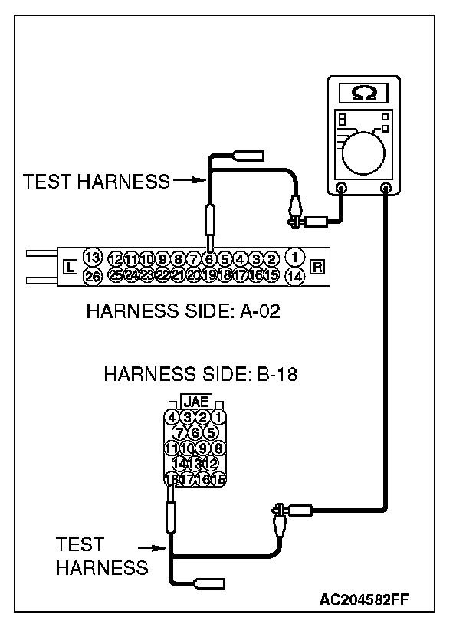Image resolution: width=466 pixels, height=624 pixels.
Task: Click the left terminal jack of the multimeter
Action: [341, 187]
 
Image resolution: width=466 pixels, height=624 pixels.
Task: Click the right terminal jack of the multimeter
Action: [386, 187]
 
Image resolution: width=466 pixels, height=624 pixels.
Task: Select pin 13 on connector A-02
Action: [92, 257]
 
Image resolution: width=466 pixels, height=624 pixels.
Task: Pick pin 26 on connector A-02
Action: [92, 276]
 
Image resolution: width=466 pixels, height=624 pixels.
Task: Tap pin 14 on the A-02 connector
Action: [294, 276]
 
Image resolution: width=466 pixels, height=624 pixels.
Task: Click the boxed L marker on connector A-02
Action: [69, 268]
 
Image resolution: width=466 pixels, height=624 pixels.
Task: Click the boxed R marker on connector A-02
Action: [317, 268]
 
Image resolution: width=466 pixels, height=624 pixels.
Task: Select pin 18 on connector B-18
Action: [172, 479]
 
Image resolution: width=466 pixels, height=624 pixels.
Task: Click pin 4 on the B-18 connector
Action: [172, 418]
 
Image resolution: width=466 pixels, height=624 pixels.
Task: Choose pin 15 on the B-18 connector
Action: [218, 479]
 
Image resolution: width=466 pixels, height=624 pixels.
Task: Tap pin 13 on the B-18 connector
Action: [195, 464]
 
